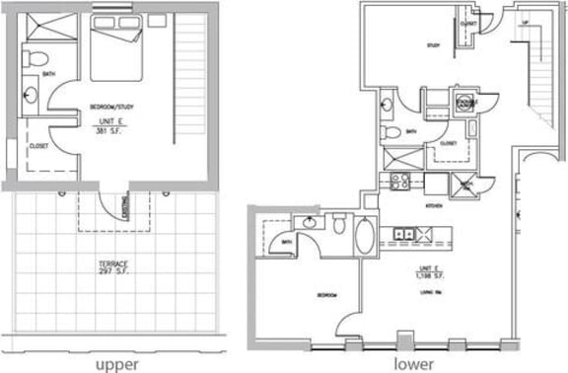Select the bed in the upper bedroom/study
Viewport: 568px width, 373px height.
[x=117, y=56]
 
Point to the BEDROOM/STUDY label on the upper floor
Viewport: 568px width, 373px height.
[x=112, y=106]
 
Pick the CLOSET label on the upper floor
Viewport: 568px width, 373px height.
[x=39, y=145]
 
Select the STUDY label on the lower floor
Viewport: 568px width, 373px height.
[x=432, y=73]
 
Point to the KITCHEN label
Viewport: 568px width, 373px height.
[x=432, y=207]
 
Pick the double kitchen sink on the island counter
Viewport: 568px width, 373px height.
[x=403, y=234]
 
